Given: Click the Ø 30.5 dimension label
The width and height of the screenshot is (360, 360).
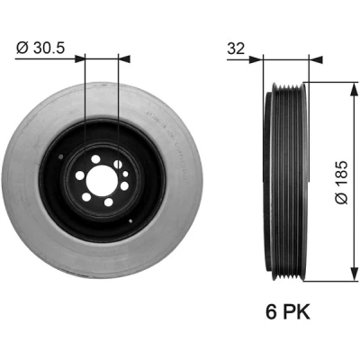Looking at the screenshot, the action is pyautogui.click(x=40, y=48).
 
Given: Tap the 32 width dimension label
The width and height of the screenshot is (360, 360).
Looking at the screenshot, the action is pyautogui.click(x=236, y=49).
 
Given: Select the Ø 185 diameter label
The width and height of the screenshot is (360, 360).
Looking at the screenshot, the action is pyautogui.click(x=341, y=183).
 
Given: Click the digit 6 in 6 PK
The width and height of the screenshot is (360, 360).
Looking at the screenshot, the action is pyautogui.click(x=271, y=311).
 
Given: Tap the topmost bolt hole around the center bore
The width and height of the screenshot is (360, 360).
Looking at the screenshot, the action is pyautogui.click(x=95, y=159).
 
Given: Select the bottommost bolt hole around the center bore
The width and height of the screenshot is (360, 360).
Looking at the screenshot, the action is pyautogui.click(x=108, y=202).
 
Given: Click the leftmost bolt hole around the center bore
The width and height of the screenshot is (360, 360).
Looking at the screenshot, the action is pyautogui.click(x=80, y=175).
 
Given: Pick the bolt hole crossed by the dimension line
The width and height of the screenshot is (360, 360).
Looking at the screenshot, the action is pyautogui.click(x=118, y=164).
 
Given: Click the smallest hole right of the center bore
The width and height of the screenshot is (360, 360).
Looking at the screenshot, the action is pyautogui.click(x=125, y=174).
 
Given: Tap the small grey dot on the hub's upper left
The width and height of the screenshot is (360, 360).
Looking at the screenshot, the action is pyautogui.click(x=61, y=157).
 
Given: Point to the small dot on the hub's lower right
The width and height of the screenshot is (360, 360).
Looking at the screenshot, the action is pyautogui.click(x=130, y=221).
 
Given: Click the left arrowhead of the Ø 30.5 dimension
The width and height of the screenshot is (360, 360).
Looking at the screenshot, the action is pyautogui.click(x=80, y=58).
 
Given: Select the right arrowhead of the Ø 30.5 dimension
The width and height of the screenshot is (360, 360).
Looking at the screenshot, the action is pyautogui.click(x=124, y=58).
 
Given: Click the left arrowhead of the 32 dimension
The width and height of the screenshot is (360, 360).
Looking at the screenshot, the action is pyautogui.click(x=256, y=59).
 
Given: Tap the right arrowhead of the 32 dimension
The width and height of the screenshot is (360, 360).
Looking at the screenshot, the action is pyautogui.click(x=316, y=59).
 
